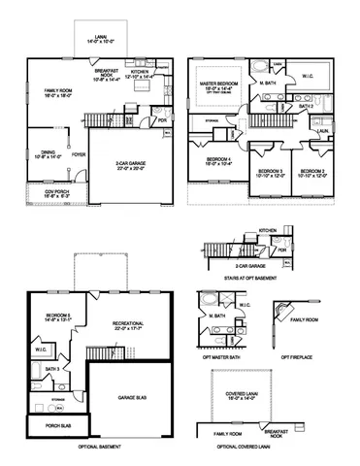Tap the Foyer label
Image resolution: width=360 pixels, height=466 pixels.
point(79,153)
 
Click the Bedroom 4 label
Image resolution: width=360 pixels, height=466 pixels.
point(220,162)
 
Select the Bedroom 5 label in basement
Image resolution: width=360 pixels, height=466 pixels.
point(57,316)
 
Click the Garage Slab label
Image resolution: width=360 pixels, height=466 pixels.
point(130,397)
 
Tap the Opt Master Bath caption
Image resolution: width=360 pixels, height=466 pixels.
point(222,353)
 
